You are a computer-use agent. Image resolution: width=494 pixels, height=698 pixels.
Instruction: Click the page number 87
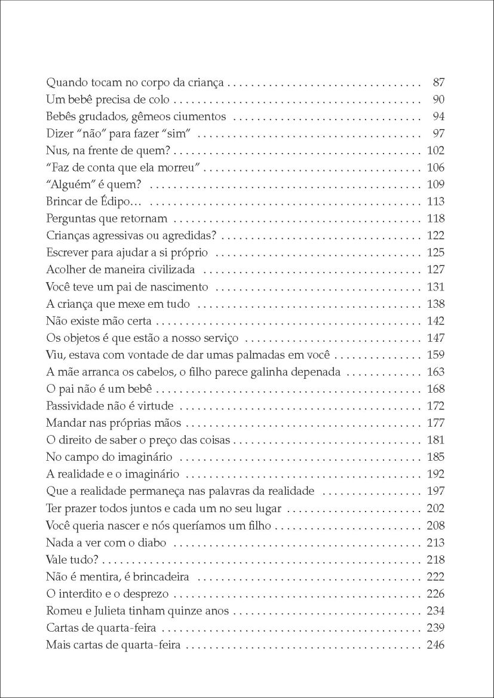[438, 82]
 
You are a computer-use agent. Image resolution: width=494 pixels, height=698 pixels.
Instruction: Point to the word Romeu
[61, 611]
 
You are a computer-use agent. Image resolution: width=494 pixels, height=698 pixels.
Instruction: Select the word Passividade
[73, 406]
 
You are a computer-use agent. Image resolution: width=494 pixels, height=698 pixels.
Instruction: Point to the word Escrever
[66, 253]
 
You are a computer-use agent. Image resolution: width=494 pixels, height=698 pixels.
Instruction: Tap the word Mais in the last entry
[57, 645]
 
